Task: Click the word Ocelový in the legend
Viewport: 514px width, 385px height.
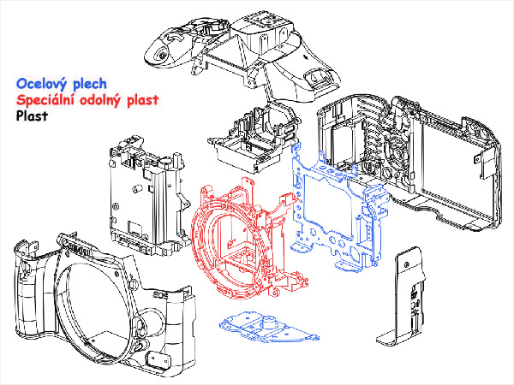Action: point(43,84)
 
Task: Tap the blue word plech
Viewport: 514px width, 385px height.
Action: point(90,84)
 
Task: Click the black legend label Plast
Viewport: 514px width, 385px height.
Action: point(33,115)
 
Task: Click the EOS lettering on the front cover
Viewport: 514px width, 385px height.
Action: point(161,296)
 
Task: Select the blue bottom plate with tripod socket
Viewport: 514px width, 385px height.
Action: point(269,328)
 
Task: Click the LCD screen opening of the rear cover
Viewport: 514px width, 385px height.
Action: point(457,170)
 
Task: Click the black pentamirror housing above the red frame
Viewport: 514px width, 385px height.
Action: point(254,138)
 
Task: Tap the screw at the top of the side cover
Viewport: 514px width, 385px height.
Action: point(407,264)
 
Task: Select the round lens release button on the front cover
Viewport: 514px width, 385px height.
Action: point(141,346)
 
